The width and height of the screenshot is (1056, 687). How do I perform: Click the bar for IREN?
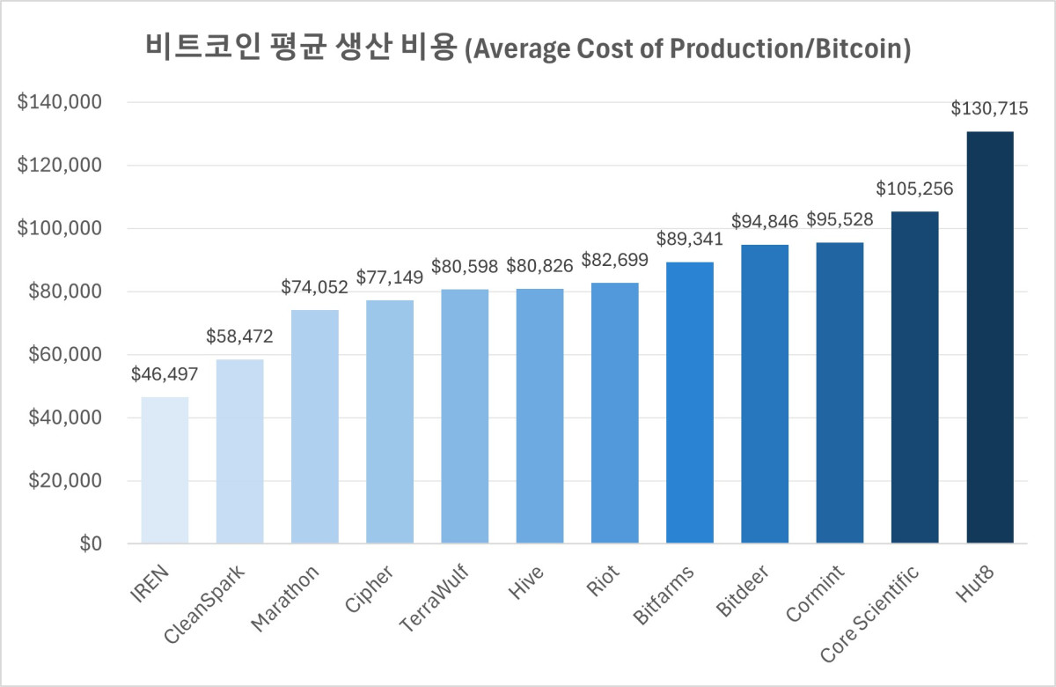(x=165, y=470)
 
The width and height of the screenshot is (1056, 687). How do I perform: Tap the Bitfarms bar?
(x=689, y=403)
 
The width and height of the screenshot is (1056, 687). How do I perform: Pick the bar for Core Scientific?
(x=914, y=378)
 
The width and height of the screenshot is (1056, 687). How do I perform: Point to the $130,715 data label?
(x=989, y=109)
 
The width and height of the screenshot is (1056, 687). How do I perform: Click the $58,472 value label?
(x=239, y=336)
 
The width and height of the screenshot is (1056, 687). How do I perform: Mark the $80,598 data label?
(x=465, y=266)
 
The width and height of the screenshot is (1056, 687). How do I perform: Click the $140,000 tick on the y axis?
(x=60, y=102)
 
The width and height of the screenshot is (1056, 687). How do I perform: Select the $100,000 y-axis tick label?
(x=60, y=229)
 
